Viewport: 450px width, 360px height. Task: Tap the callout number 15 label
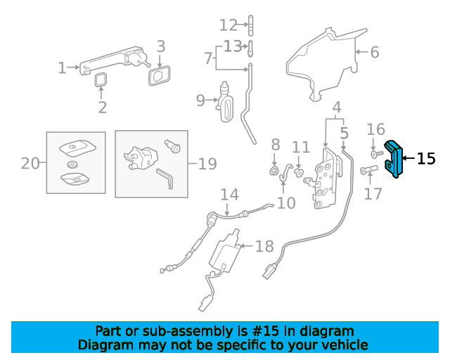click(426, 158)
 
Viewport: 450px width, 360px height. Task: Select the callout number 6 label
click(375, 52)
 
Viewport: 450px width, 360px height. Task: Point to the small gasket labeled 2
click(101, 80)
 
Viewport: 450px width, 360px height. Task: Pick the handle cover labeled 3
click(160, 76)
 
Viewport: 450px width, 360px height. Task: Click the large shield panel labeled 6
click(326, 65)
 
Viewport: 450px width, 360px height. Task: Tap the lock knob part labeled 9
click(226, 102)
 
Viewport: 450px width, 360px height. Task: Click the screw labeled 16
click(377, 154)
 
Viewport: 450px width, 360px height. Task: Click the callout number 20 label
click(30, 164)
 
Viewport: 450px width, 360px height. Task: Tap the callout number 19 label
click(207, 164)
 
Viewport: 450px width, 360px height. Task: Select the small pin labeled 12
click(251, 25)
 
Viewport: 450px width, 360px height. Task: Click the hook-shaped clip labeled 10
click(283, 174)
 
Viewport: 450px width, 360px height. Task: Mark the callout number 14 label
click(229, 194)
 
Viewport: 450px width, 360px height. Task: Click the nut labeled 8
click(274, 172)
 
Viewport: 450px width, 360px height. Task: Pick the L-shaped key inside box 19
click(166, 178)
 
